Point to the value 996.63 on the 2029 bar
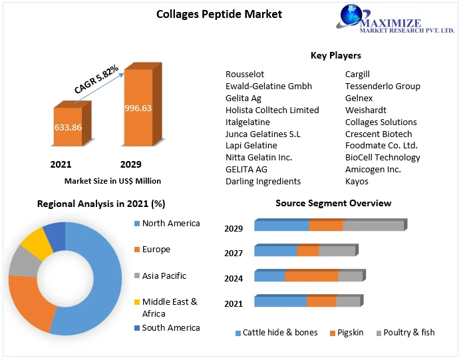click(x=138, y=108)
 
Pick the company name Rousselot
click(x=245, y=75)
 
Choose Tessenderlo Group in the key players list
click(x=383, y=86)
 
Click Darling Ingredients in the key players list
click(x=263, y=181)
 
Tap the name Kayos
click(x=357, y=181)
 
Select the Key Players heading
click(x=336, y=55)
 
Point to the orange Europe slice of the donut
click(x=29, y=303)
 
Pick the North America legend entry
click(x=171, y=224)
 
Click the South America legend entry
click(x=171, y=327)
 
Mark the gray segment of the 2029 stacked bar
click(x=374, y=226)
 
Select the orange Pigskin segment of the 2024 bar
click(x=311, y=275)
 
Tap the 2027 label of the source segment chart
click(x=233, y=253)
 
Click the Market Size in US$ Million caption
click(x=112, y=180)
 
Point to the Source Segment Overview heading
click(x=333, y=203)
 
